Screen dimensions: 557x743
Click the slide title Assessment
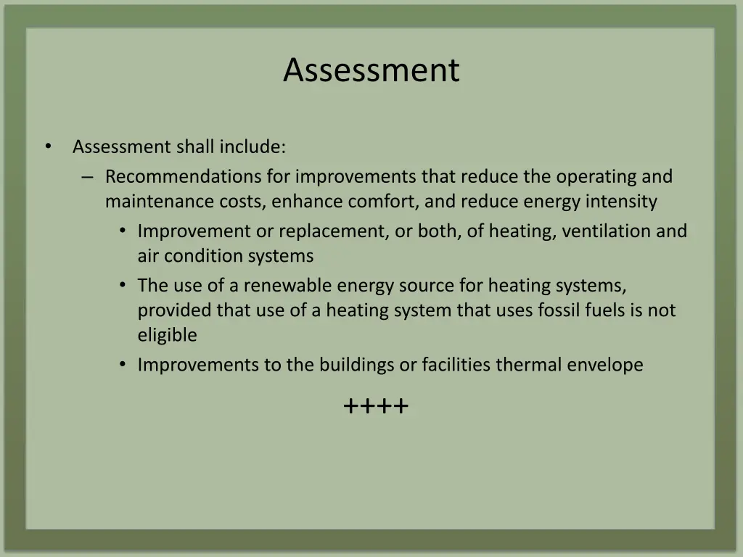371,70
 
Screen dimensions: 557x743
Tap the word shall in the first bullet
196,147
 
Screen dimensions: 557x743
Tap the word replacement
330,231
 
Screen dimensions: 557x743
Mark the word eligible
167,335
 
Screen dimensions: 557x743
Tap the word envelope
605,365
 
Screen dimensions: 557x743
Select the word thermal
528,365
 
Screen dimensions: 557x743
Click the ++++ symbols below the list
376,406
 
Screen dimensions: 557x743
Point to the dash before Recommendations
88,177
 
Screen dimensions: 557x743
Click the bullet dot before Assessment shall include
48,147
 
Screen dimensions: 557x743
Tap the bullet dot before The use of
123,286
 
